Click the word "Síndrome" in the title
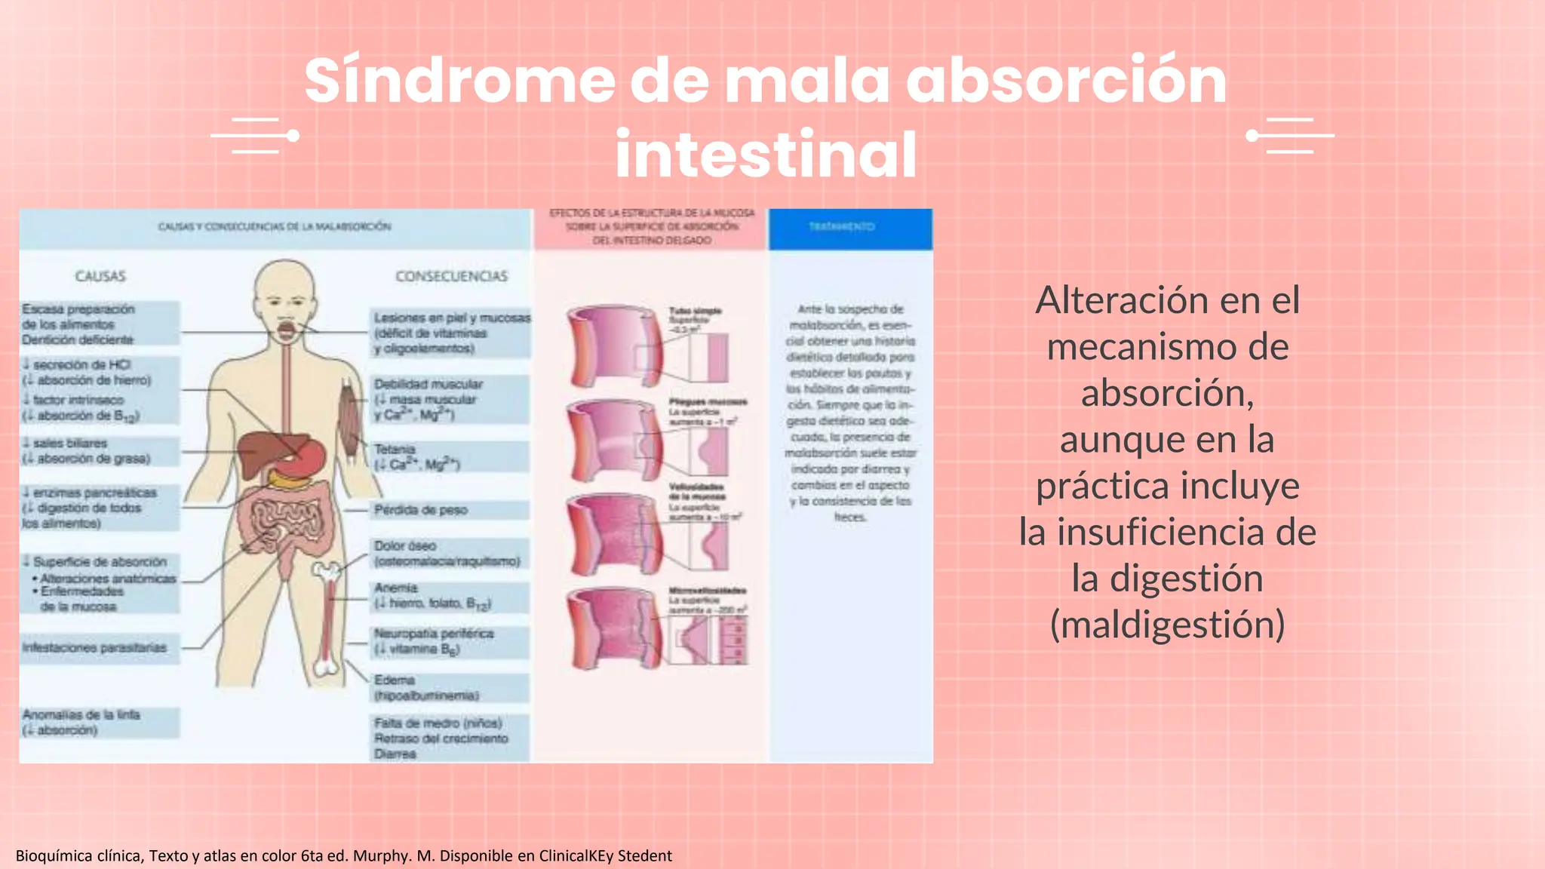459,81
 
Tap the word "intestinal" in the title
766,155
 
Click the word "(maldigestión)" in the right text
1167,625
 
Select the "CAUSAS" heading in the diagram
100,276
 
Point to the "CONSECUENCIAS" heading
451,276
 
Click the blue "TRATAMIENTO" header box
850,228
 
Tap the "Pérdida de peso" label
421,510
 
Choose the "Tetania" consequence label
395,450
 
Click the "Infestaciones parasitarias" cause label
95,648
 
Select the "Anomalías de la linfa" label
81,714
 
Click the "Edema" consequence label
395,680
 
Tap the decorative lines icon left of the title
255,136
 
